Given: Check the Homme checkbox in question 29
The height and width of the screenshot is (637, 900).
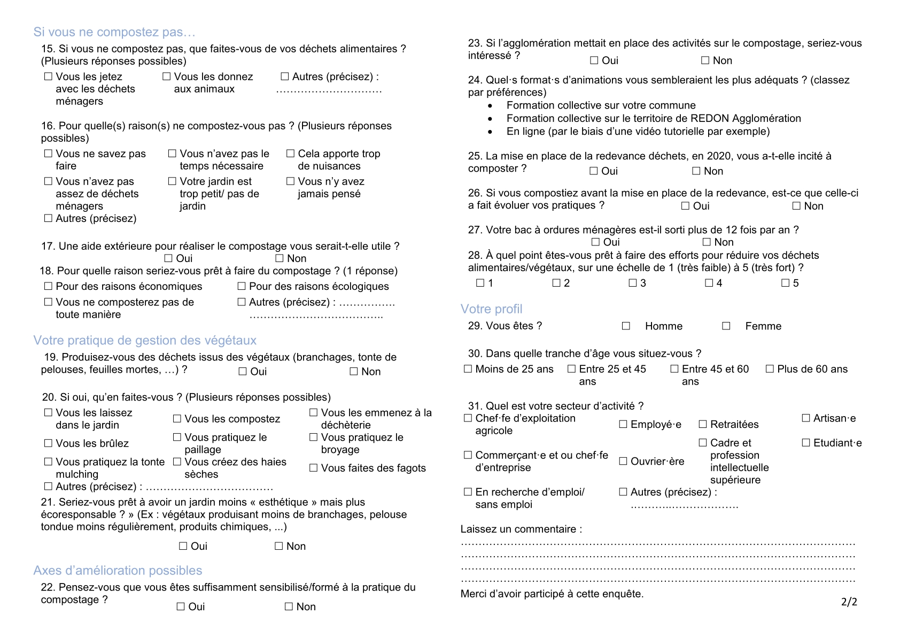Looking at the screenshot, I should tap(626, 326).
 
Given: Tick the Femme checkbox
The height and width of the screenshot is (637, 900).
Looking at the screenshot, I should tap(726, 326).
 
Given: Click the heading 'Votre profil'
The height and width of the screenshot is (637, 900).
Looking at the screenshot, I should tap(491, 309).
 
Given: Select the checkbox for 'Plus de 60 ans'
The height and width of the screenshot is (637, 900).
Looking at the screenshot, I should tap(770, 369).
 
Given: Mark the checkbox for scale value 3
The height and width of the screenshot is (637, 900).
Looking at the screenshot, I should tap(633, 282).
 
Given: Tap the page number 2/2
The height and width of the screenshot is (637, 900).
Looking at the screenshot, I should tap(849, 602).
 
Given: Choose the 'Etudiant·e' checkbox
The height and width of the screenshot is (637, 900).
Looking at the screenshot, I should tap(806, 442).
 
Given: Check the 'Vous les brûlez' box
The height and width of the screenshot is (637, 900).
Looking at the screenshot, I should tap(48, 443).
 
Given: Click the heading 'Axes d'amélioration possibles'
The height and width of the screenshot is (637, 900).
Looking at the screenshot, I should tap(118, 570).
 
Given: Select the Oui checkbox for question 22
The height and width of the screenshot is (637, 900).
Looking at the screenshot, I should tap(181, 606).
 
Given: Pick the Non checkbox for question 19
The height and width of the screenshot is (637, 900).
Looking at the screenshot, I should tap(353, 371).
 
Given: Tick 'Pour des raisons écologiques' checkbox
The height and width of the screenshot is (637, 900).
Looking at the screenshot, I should tap(242, 286).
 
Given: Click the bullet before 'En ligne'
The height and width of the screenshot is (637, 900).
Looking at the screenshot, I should tap(490, 132).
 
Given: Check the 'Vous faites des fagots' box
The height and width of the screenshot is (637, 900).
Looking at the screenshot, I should tap(313, 468).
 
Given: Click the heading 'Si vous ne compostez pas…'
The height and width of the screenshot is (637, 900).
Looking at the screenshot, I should tap(114, 32).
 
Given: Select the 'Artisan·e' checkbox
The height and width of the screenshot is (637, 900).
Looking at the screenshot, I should tap(806, 418).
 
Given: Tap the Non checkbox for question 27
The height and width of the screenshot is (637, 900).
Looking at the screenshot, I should tap(707, 242).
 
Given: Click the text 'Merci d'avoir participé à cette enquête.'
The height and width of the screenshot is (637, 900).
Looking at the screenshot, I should tap(552, 594).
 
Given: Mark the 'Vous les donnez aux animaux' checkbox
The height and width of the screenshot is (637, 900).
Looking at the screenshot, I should tap(167, 76).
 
